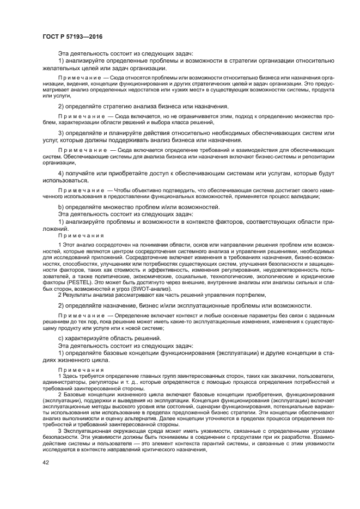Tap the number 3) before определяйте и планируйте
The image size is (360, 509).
tap(62, 133)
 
